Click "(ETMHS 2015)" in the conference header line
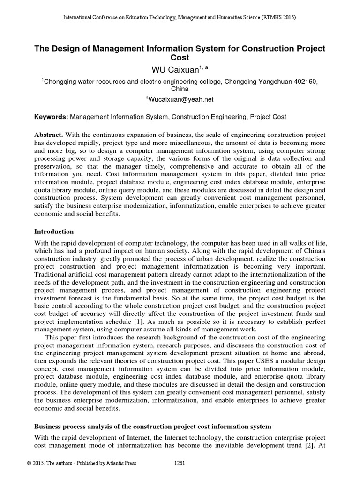[x=279, y=17]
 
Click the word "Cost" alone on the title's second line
[x=180, y=58]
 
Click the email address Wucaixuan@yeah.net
[x=180, y=99]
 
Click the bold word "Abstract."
[x=49, y=135]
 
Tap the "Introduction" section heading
[x=54, y=232]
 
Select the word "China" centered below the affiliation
[x=180, y=88]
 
